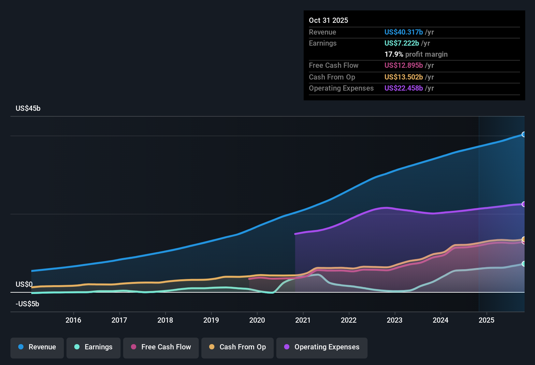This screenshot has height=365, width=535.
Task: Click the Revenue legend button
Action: click(37, 347)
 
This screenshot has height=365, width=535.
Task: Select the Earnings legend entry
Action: click(94, 347)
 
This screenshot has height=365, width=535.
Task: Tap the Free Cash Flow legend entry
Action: click(161, 347)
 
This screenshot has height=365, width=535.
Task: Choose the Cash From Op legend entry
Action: click(238, 347)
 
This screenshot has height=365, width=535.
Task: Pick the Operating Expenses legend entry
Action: click(322, 347)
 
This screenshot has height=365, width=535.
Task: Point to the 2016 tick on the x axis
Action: click(73, 320)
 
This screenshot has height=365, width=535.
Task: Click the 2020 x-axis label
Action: click(257, 320)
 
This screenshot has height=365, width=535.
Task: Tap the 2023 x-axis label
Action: click(395, 320)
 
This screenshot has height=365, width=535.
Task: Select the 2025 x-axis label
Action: click(486, 320)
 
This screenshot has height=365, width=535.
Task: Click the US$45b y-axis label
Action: click(28, 109)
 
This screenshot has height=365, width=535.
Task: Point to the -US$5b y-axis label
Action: click(27, 304)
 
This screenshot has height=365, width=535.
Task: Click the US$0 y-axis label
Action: click(24, 285)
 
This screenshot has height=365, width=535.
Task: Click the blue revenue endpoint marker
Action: click(524, 134)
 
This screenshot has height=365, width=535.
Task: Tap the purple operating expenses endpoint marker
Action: click(524, 204)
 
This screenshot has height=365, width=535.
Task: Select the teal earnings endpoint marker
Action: click(524, 264)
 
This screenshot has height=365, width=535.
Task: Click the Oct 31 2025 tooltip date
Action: click(328, 20)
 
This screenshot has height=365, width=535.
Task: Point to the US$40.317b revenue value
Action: click(403, 32)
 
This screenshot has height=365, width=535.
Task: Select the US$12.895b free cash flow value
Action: click(403, 65)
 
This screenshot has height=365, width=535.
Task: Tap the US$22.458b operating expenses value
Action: click(403, 88)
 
